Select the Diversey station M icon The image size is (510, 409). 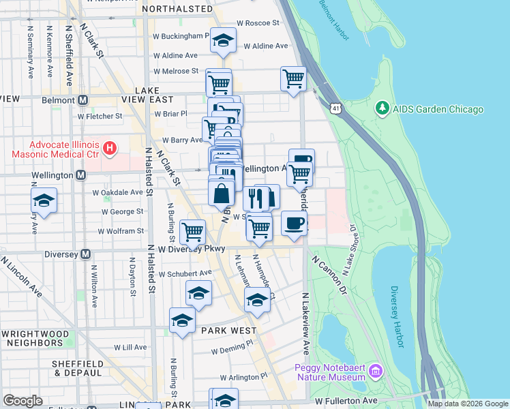tap(86, 254)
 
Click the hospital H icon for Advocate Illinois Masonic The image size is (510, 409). tap(109, 147)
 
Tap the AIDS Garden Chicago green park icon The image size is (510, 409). tap(382, 109)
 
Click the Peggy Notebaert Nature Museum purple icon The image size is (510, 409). tap(375, 372)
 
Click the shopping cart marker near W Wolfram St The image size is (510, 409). tap(192, 231)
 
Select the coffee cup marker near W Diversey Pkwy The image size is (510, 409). tap(294, 223)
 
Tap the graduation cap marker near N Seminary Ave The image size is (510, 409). tap(44, 201)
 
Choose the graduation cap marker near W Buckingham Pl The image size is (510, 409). tap(223, 40)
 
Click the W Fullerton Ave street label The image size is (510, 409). tap(344, 400)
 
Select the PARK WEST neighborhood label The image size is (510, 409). tap(228, 330)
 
